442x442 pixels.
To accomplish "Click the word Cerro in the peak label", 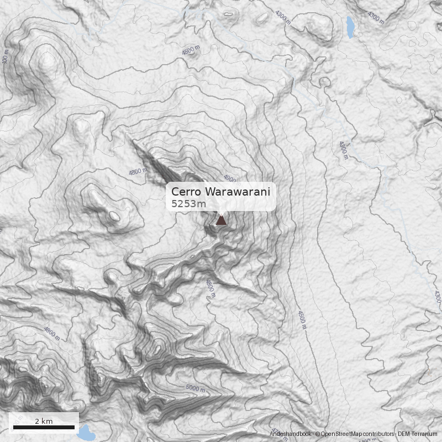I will pyautogui.click(x=186, y=192).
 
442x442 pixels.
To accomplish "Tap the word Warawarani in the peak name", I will pyautogui.click(x=239, y=192).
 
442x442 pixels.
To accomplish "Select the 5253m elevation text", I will pyautogui.click(x=188, y=204).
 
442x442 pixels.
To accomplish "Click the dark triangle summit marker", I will pyautogui.click(x=221, y=220).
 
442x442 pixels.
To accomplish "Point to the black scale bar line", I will pyautogui.click(x=44, y=427).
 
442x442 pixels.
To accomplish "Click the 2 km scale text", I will pyautogui.click(x=44, y=421).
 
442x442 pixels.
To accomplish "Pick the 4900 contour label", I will pyautogui.click(x=230, y=180).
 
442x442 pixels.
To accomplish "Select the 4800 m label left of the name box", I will pyautogui.click(x=138, y=172).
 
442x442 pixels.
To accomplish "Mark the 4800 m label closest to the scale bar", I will pyautogui.click(x=51, y=333).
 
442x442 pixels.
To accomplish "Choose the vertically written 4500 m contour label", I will pyautogui.click(x=302, y=319).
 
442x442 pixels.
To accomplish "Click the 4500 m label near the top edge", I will pyautogui.click(x=191, y=50).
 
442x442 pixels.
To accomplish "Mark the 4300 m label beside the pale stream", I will pyautogui.click(x=343, y=150).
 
